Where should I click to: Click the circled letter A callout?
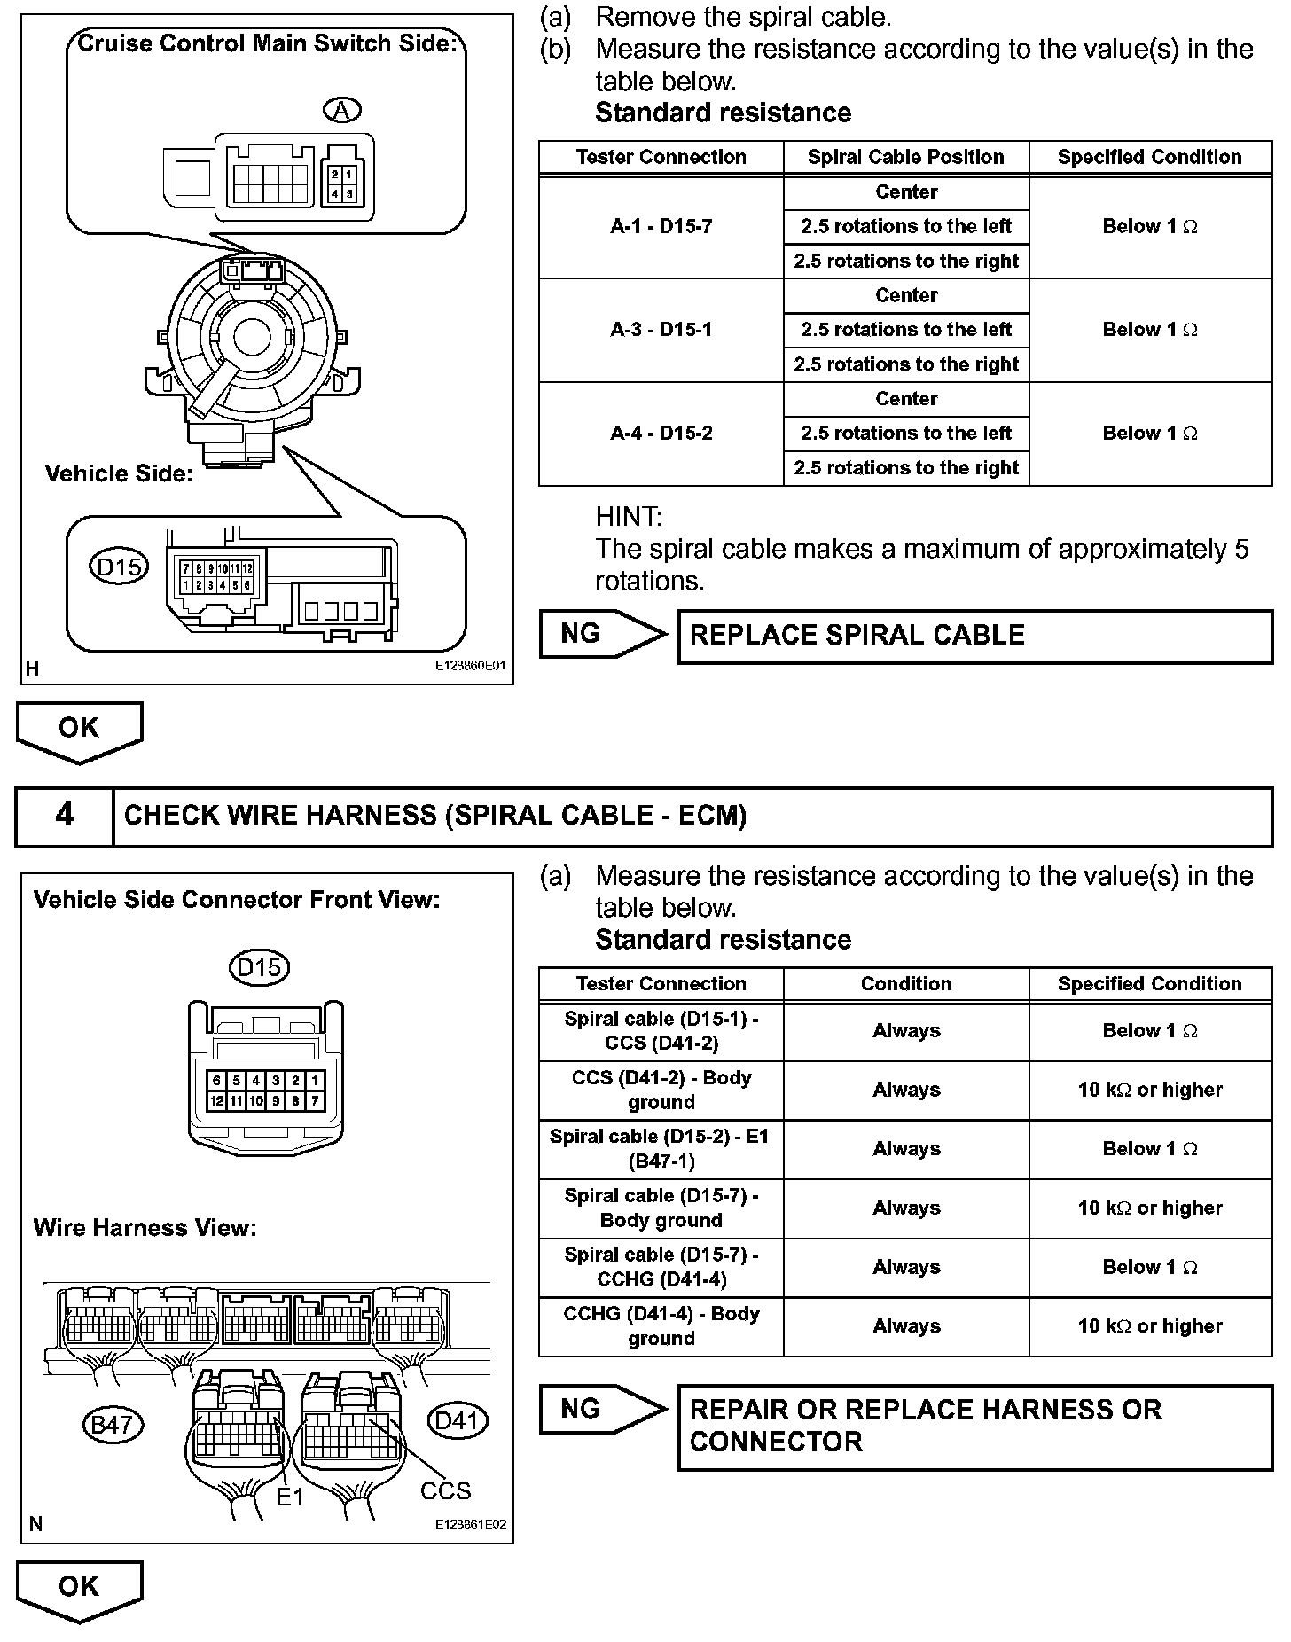click(342, 110)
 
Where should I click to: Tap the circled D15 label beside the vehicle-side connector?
click(119, 566)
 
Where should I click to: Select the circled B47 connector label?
click(112, 1424)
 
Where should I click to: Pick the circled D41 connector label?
click(458, 1420)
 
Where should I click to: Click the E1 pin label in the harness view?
click(290, 1497)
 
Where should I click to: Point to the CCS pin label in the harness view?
click(445, 1490)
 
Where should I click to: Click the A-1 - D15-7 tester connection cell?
click(661, 227)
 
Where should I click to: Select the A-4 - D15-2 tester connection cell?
click(661, 434)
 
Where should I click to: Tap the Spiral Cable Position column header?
click(905, 158)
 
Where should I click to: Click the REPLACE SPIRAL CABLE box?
click(974, 636)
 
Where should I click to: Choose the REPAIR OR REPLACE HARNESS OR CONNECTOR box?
click(974, 1426)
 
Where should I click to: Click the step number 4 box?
click(65, 815)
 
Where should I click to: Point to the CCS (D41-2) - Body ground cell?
click(661, 1090)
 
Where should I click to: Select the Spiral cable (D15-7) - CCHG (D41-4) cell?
click(661, 1267)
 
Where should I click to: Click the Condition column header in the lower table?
click(905, 984)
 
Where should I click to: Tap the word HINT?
click(628, 517)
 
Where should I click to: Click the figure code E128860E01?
click(470, 666)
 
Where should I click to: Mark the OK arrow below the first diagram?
click(79, 730)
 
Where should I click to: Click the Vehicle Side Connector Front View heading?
click(237, 900)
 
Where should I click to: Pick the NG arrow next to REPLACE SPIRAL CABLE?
click(601, 634)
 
